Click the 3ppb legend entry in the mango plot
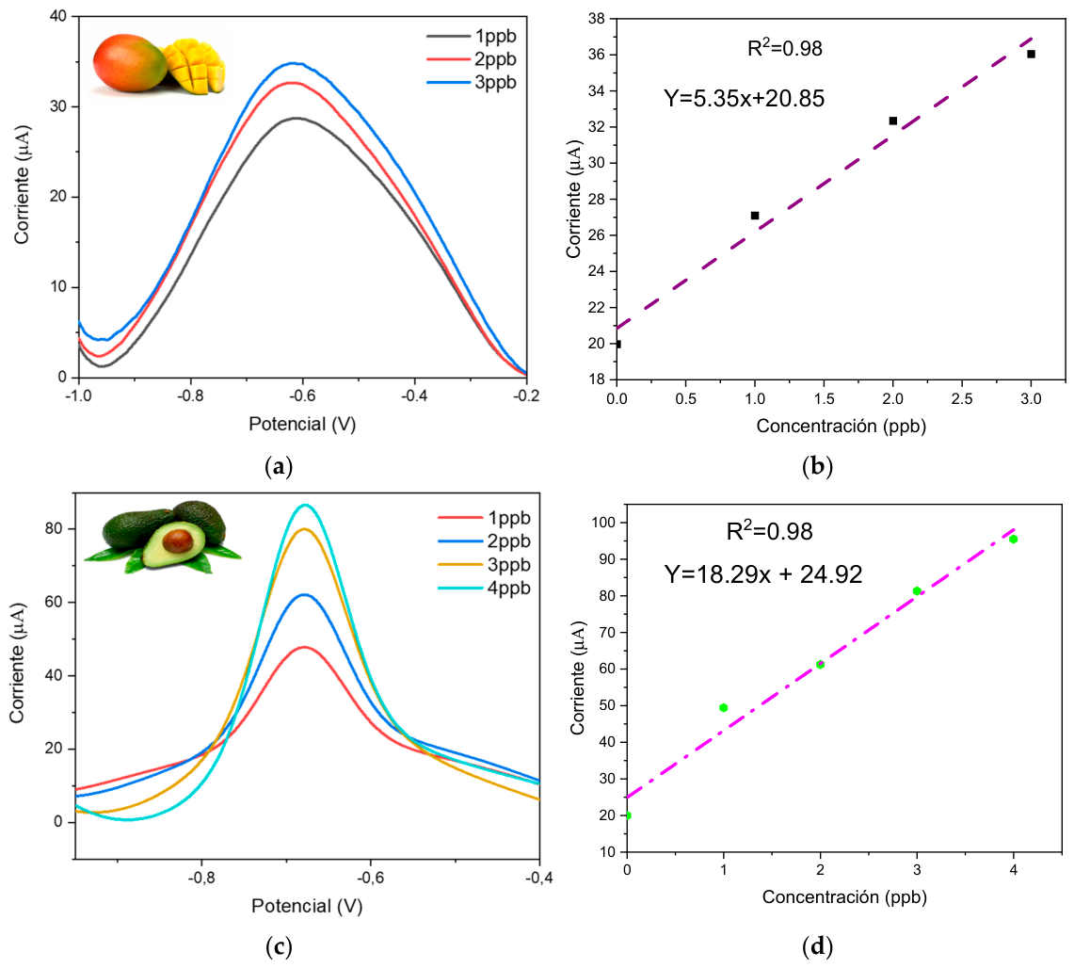472,83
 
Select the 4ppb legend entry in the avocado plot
484,589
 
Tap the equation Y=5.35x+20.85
744,99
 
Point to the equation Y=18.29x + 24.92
763,574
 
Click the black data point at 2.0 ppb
893,121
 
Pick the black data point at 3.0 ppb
1031,54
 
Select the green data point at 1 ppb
723,708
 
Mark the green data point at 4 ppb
1014,540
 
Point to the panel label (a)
278,467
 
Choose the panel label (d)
817,947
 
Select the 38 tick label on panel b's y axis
596,19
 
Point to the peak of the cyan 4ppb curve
306,505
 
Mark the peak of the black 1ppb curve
296,118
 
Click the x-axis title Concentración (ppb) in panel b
842,427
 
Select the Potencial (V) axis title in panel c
307,907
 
